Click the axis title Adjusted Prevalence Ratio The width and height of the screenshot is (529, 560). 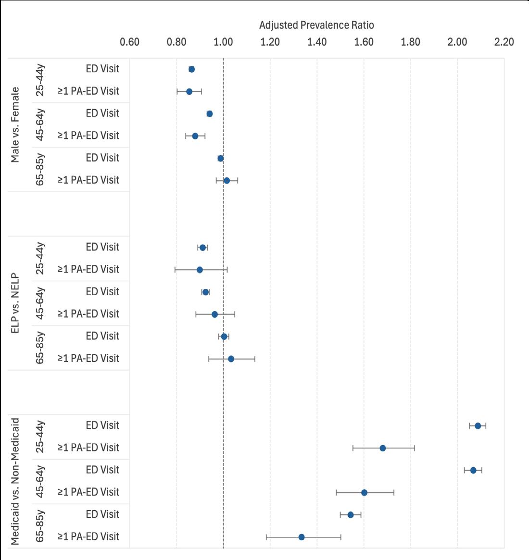(x=316, y=25)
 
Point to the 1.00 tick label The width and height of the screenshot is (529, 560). (x=223, y=42)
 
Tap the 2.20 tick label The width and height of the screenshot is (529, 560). (x=504, y=42)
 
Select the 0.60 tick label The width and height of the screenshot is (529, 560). (x=129, y=42)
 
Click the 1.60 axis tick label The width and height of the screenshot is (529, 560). (x=364, y=42)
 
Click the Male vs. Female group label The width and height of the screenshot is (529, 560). (x=15, y=125)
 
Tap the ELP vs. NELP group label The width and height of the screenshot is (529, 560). (x=15, y=303)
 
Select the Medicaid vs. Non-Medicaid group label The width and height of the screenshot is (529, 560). (x=15, y=481)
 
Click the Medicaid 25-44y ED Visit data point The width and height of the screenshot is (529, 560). (x=478, y=426)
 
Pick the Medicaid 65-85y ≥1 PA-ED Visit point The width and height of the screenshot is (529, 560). (x=302, y=537)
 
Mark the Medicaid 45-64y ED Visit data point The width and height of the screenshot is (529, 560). (x=473, y=470)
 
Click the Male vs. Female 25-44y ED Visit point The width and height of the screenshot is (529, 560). (x=191, y=69)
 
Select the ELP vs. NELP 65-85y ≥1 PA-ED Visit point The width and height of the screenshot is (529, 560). (x=231, y=359)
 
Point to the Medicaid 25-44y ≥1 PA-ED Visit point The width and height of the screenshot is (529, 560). (x=383, y=448)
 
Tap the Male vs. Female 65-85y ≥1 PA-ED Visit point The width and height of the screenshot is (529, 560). (x=227, y=181)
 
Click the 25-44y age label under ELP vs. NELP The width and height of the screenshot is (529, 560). (x=40, y=259)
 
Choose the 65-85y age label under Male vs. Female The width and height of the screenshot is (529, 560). (x=40, y=169)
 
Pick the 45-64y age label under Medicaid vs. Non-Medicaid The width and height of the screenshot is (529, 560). (x=40, y=481)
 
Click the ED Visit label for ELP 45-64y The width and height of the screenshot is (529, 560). (x=102, y=292)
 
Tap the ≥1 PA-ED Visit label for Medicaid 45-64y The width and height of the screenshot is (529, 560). (x=88, y=492)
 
